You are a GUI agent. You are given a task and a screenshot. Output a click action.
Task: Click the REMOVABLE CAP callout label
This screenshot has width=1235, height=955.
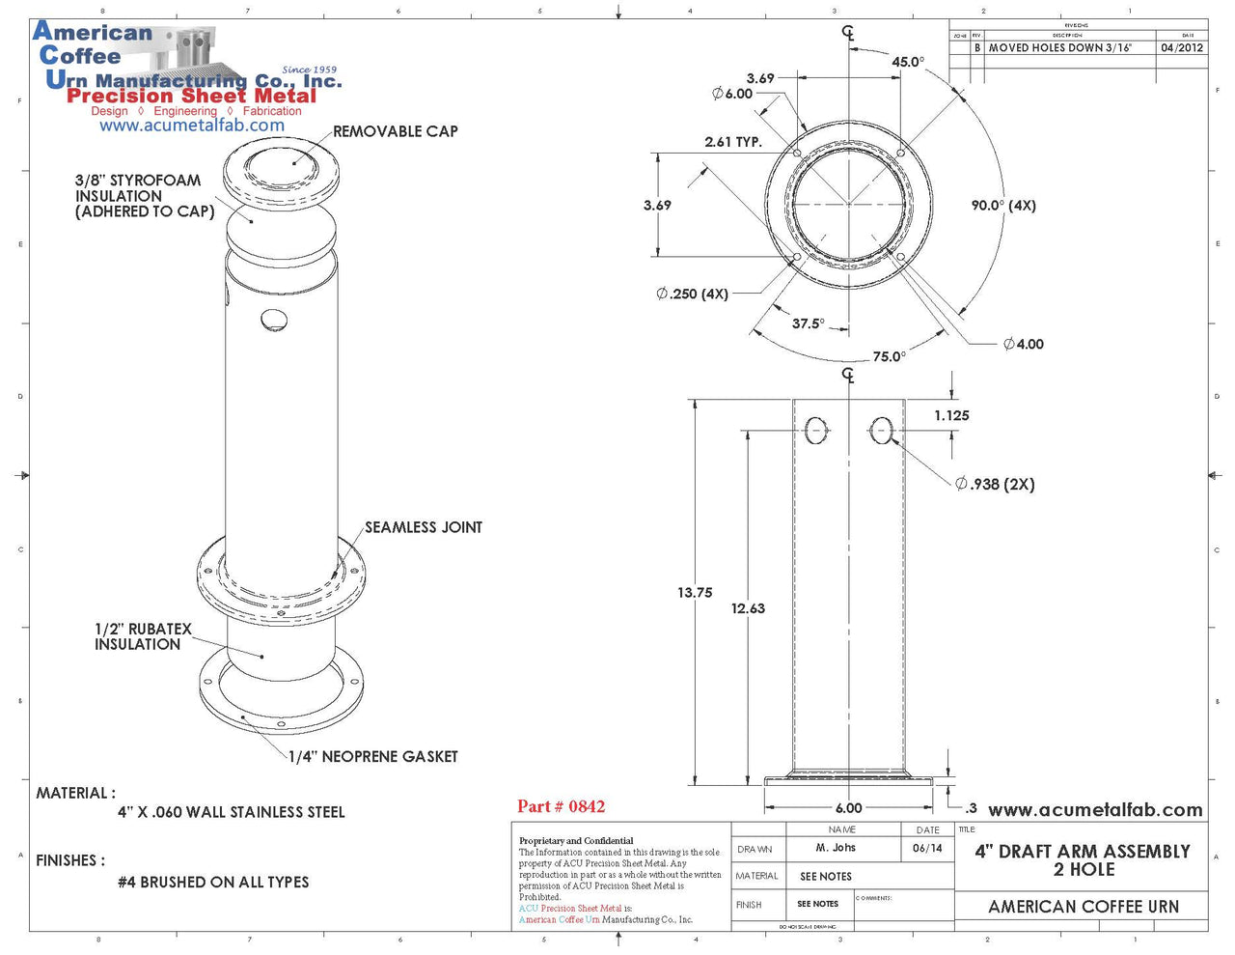pos(395,131)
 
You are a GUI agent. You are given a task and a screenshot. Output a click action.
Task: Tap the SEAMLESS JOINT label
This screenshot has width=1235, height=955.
pos(423,527)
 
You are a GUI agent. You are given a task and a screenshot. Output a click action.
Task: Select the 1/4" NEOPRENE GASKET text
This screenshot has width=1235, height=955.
pos(373,756)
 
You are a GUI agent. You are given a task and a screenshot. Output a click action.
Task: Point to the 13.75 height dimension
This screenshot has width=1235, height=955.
pos(695,593)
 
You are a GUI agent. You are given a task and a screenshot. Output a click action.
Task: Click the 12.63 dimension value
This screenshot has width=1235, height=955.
pos(748,608)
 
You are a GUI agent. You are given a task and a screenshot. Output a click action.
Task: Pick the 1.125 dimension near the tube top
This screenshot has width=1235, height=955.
pos(951,415)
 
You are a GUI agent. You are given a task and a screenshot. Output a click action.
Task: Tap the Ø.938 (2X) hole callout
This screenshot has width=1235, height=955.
pos(995,484)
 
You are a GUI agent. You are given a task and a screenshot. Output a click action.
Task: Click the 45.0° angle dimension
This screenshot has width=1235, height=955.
pos(907,62)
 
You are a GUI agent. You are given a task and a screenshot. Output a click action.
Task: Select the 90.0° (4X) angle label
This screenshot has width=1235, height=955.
pos(1003,206)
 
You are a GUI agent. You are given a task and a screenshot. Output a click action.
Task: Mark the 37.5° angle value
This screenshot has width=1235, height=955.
pos(809,323)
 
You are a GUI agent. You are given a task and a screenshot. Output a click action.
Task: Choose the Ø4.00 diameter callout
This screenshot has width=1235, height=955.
pos(1023,344)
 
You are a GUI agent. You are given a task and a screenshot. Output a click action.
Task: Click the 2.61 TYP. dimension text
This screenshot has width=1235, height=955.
pos(733,142)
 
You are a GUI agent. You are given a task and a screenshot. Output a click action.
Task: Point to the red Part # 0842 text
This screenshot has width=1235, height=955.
pos(561,806)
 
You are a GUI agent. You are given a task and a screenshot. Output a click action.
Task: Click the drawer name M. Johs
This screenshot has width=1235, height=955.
pos(836,848)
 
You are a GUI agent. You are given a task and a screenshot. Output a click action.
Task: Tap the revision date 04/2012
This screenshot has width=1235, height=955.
pos(1182,47)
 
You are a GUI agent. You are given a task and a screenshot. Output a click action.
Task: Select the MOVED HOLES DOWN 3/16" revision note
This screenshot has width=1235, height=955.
pos(1059,47)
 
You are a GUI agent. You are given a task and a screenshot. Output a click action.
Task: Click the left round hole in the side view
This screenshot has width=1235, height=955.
pos(816,430)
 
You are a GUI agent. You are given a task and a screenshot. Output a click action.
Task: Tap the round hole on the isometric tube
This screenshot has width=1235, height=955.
pos(274,320)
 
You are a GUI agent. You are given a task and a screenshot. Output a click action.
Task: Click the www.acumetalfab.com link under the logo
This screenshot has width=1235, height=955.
pos(192,126)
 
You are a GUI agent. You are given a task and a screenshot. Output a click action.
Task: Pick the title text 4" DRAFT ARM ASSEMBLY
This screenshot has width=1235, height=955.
pos(1083,852)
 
